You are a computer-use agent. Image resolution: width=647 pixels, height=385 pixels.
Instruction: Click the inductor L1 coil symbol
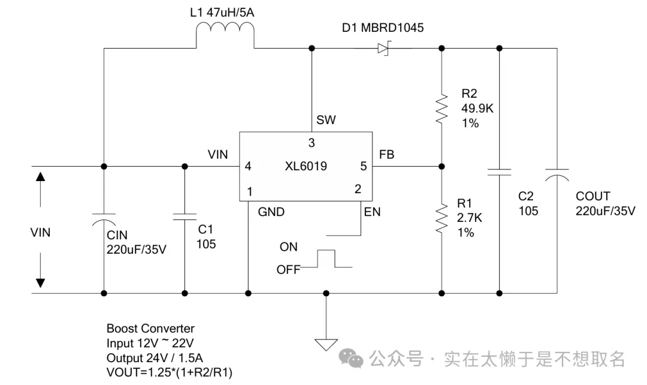(225, 35)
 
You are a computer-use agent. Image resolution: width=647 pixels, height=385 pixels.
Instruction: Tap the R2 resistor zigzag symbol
(442, 108)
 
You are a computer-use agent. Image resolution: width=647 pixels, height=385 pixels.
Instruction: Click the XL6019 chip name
(307, 166)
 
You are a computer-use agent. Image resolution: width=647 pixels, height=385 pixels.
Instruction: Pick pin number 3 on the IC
(312, 143)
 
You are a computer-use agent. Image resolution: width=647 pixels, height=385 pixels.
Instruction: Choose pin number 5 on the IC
(363, 166)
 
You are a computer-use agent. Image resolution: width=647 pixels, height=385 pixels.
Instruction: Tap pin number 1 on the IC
(249, 191)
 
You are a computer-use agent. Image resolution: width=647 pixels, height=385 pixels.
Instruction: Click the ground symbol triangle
(326, 345)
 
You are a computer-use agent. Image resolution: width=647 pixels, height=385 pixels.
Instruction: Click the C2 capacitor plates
(499, 173)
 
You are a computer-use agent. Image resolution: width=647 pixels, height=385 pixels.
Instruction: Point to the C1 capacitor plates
(184, 216)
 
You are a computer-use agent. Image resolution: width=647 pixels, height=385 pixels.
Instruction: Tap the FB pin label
(386, 155)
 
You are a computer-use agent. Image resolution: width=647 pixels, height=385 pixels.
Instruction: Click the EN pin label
(372, 212)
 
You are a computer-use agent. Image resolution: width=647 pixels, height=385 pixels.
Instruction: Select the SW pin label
(326, 121)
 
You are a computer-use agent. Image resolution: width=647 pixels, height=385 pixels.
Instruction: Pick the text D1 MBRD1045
(383, 28)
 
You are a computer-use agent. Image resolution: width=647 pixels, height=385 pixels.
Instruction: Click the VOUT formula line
(170, 372)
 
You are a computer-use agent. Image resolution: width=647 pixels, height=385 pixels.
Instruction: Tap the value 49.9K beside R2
(477, 109)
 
